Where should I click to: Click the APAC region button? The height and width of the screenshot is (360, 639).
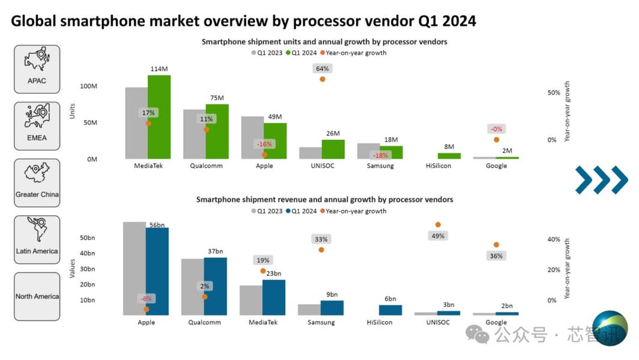pyautogui.click(x=37, y=69)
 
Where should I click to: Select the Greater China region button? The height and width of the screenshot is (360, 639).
pyautogui.click(x=37, y=183)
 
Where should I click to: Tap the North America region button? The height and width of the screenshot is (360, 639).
pyautogui.click(x=37, y=296)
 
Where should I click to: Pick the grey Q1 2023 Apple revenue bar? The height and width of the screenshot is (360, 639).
pyautogui.click(x=134, y=268)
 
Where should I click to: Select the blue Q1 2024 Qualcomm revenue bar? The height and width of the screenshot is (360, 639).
pyautogui.click(x=215, y=286)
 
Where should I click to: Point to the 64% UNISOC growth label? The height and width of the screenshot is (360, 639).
pyautogui.click(x=322, y=68)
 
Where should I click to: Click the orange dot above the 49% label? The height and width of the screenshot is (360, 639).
pyautogui.click(x=438, y=224)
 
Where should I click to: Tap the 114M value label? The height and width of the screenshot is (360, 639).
pyautogui.click(x=159, y=69)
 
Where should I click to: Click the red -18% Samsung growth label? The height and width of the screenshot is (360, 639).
pyautogui.click(x=380, y=155)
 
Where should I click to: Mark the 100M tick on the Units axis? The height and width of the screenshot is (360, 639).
pyautogui.click(x=88, y=86)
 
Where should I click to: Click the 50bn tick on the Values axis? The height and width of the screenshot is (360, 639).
pyautogui.click(x=87, y=238)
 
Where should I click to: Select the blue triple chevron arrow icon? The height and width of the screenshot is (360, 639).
pyautogui.click(x=601, y=179)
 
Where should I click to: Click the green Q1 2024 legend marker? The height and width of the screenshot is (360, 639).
pyautogui.click(x=289, y=53)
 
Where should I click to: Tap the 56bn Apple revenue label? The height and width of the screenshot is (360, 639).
pyautogui.click(x=157, y=225)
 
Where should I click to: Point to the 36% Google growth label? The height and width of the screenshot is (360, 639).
pyautogui.click(x=496, y=256)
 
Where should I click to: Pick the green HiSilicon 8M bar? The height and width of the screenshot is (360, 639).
pyautogui.click(x=449, y=156)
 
